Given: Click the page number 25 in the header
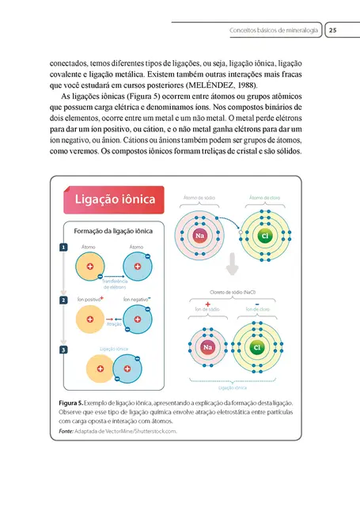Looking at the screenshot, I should pos(333,30).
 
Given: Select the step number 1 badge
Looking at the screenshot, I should pos(63,248).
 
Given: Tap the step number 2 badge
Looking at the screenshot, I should pos(63,301).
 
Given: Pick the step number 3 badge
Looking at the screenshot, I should pos(63,349).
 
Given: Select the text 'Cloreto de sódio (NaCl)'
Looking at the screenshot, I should pos(233,292).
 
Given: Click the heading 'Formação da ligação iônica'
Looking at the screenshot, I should pos(113,233).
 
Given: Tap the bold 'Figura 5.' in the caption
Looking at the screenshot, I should pos(72,403).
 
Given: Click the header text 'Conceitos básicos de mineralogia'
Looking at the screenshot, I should pos(274,30).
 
